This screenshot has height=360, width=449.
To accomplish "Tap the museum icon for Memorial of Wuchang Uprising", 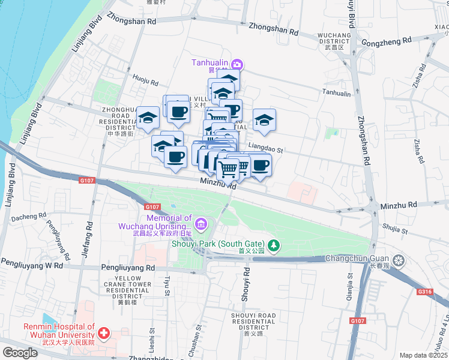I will click(201, 226).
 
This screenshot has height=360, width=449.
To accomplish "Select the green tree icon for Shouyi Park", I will click(274, 244).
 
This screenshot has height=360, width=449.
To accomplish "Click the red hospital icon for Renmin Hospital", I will click(104, 332).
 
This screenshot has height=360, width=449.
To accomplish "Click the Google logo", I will click(20, 353).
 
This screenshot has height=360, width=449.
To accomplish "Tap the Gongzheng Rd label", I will click(387, 41).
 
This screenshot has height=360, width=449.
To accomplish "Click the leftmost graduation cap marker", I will click(147, 119).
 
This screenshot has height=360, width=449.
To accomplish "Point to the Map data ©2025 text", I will click(424, 355).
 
